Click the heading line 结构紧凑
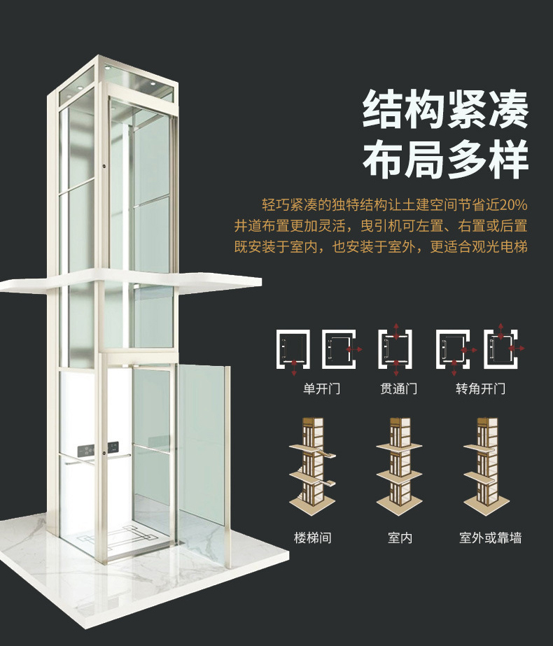click(444, 110)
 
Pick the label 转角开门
click(480, 388)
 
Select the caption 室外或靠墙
click(490, 538)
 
